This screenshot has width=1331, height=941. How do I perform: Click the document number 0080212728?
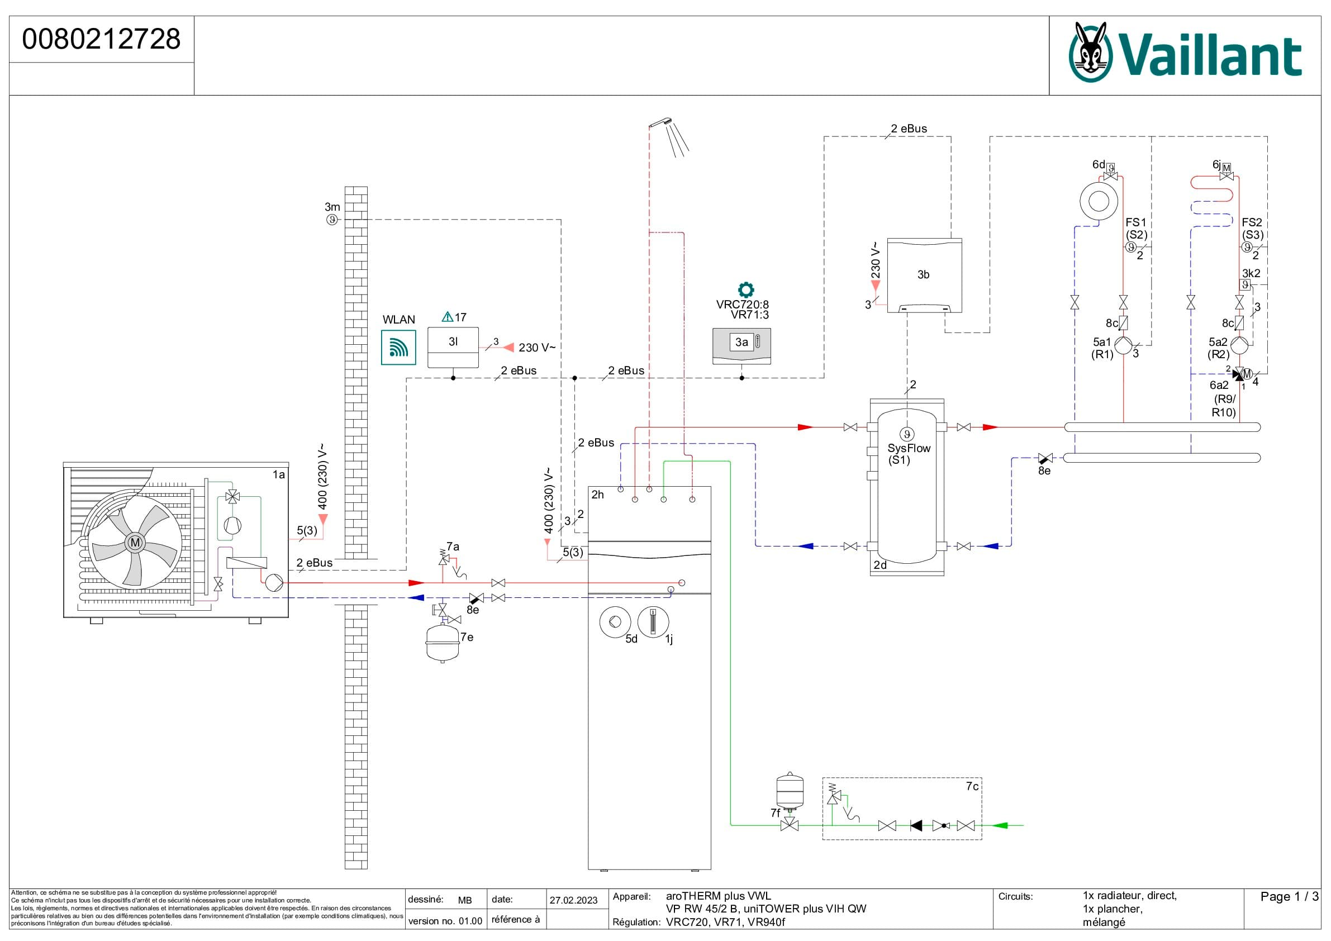click(102, 39)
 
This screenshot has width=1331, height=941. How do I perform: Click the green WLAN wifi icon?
click(398, 348)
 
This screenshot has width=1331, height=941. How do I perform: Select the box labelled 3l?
click(453, 348)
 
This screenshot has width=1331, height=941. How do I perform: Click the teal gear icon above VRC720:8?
click(745, 290)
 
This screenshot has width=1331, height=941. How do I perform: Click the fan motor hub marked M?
click(135, 543)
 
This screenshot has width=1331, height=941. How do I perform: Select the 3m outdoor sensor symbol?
click(331, 220)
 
